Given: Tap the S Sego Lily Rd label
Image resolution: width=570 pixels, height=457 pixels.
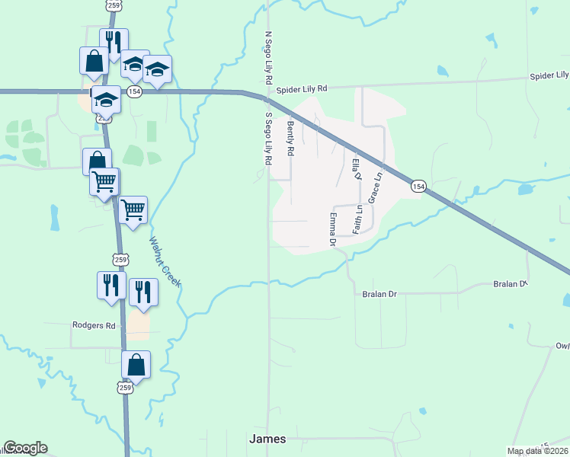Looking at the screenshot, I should (x=268, y=139).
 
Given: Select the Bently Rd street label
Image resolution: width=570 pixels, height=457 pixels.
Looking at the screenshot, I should (x=290, y=137).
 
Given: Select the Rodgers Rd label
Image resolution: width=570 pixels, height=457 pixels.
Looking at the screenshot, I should (x=93, y=325).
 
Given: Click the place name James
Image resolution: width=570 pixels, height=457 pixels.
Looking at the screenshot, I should (x=267, y=439).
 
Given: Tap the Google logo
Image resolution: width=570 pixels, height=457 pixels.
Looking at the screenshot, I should (x=25, y=448).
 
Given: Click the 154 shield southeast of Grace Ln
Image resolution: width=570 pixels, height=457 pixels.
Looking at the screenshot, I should (x=418, y=186).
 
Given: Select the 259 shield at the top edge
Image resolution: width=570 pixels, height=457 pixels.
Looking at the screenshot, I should (x=113, y=5).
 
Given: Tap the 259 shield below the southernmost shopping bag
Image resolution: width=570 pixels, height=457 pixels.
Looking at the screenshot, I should (x=126, y=388).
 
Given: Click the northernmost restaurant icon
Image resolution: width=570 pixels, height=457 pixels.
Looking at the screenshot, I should (x=114, y=43).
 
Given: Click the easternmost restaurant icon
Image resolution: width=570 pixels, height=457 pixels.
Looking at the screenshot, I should (x=143, y=292).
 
